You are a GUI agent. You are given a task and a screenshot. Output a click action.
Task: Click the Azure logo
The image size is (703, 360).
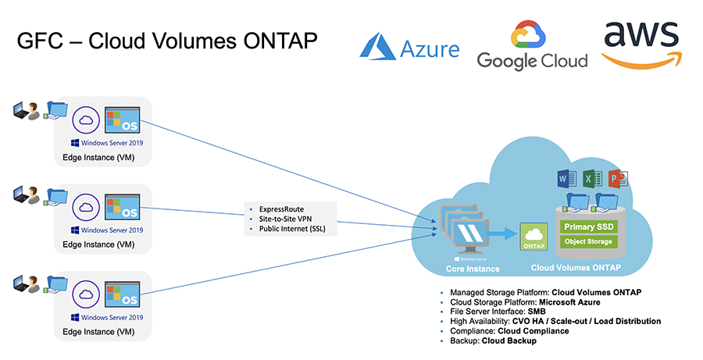[409, 47]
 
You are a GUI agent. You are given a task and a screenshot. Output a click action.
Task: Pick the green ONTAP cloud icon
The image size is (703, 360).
[533, 237]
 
